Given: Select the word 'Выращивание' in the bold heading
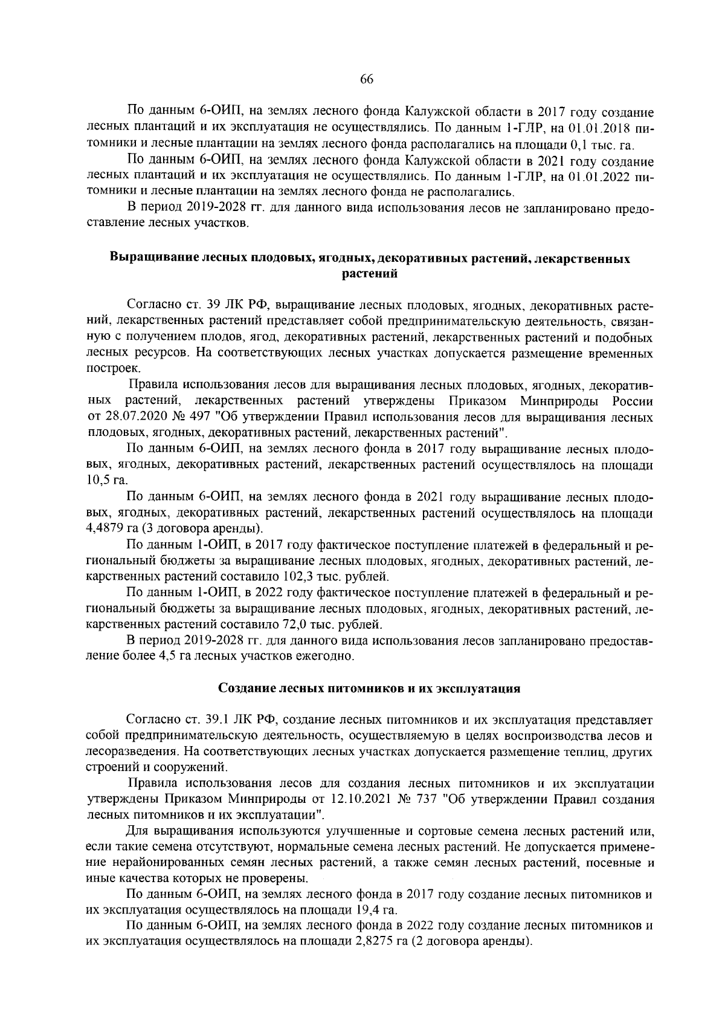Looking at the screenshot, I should point(147,259).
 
